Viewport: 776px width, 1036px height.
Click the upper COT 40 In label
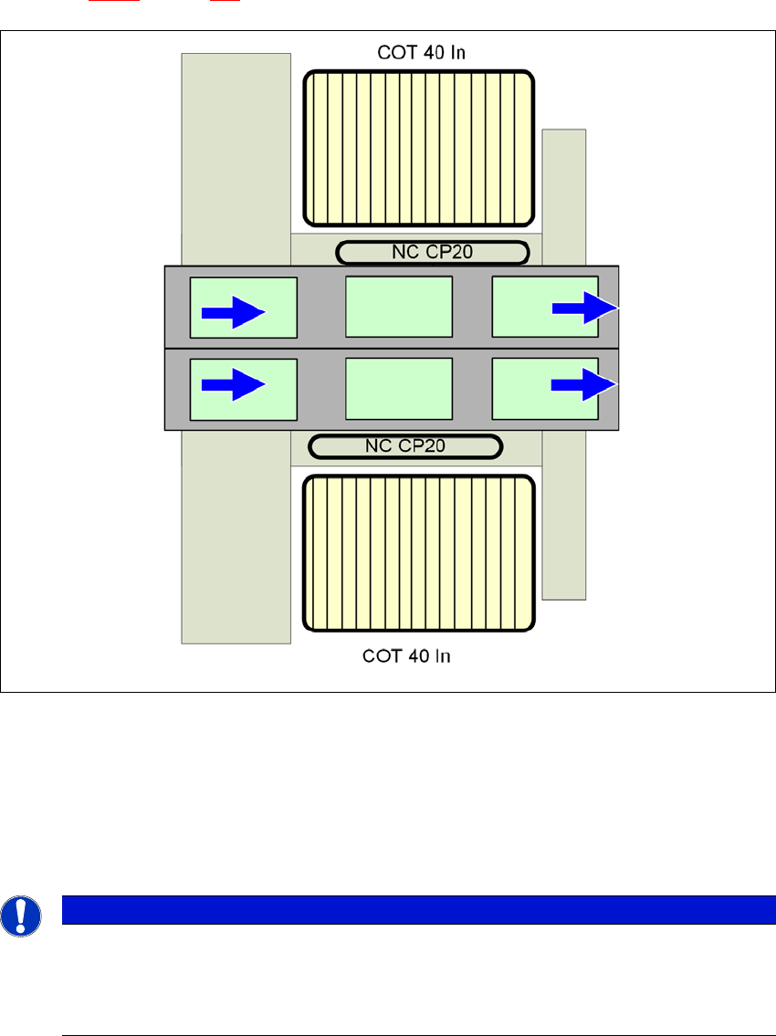pyautogui.click(x=421, y=52)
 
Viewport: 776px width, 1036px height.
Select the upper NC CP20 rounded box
pyautogui.click(x=432, y=252)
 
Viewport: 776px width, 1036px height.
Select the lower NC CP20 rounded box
pyautogui.click(x=405, y=446)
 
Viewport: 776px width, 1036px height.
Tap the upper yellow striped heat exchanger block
pyautogui.click(x=419, y=148)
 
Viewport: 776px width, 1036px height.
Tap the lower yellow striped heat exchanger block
pyautogui.click(x=419, y=553)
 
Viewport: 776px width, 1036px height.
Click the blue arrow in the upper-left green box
pyautogui.click(x=232, y=313)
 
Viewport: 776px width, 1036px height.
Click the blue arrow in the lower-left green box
pyautogui.click(x=232, y=385)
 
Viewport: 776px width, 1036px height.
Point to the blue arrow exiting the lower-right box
pyautogui.click(x=585, y=384)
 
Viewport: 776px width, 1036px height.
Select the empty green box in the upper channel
pyautogui.click(x=399, y=307)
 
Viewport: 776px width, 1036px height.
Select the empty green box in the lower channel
pyautogui.click(x=399, y=389)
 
